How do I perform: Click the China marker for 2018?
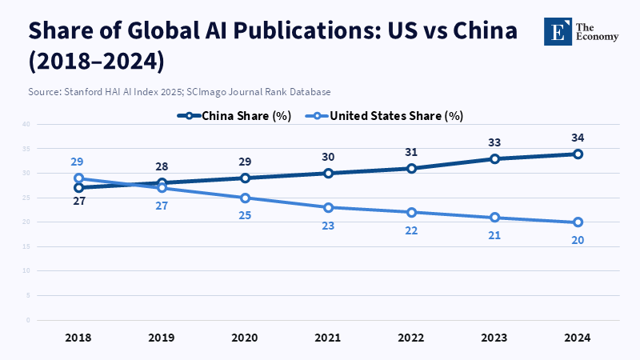pos(78,188)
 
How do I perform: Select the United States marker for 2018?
pos(78,178)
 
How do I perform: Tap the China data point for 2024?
pos(578,154)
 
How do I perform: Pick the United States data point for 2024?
pos(578,222)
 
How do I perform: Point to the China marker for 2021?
pos(328,174)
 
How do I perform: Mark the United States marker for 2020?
pos(245,198)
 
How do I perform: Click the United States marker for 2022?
pos(411,212)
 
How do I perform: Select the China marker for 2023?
pos(494,158)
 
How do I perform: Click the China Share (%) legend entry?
pos(235,115)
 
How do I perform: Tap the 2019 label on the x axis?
pos(162,338)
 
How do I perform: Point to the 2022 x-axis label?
pos(411,338)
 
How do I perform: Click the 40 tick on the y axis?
pos(26,124)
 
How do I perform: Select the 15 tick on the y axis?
pos(26,246)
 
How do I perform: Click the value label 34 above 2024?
pos(578,138)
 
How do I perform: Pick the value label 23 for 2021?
pos(328,226)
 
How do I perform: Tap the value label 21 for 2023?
pos(494,235)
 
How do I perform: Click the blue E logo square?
pos(557,30)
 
